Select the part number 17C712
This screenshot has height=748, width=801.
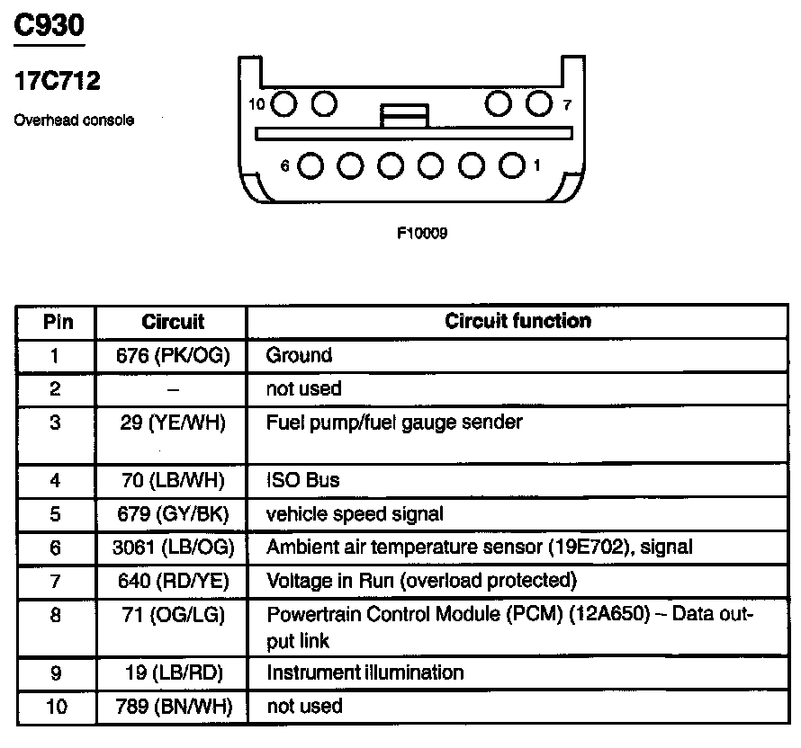click(x=56, y=82)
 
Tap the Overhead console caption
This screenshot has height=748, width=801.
click(x=74, y=120)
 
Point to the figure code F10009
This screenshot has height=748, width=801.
click(x=422, y=233)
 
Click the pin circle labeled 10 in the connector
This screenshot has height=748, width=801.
click(x=284, y=104)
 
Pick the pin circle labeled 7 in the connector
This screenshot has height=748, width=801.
click(x=537, y=104)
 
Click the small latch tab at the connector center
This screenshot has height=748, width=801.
click(x=404, y=116)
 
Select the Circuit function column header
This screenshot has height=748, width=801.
click(x=517, y=321)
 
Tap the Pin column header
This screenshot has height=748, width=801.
click(x=57, y=321)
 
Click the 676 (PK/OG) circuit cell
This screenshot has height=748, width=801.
click(x=173, y=355)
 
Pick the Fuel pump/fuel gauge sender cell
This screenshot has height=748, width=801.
click(x=393, y=422)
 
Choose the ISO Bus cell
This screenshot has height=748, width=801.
click(x=302, y=480)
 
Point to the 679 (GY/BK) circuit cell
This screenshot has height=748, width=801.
click(x=173, y=514)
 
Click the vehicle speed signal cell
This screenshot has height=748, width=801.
click(x=355, y=514)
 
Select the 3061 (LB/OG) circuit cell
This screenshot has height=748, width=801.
click(x=173, y=547)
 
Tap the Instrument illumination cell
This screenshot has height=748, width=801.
click(x=364, y=672)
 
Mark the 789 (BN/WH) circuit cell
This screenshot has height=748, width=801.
click(x=173, y=707)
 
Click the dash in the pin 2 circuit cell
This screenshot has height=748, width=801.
click(x=173, y=389)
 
